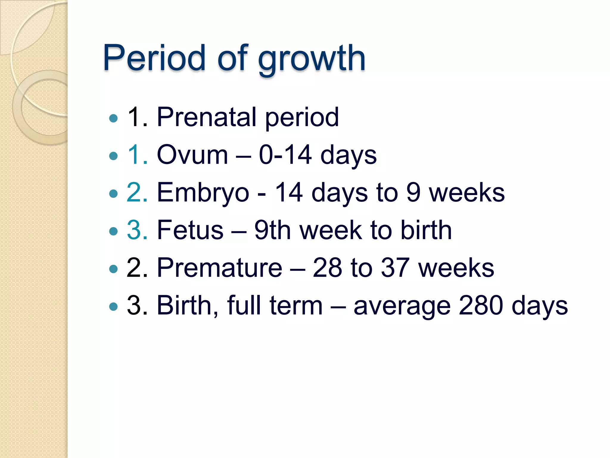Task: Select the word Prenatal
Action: [206, 117]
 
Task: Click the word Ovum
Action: [192, 155]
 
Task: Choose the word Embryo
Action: [203, 193]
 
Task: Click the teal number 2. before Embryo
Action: [137, 193]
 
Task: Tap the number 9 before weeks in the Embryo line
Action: [413, 193]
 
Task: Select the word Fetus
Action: [190, 230]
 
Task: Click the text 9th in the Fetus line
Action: [272, 230]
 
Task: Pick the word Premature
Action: [220, 268]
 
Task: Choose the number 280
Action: [481, 305]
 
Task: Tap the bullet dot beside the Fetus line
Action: [113, 231]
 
